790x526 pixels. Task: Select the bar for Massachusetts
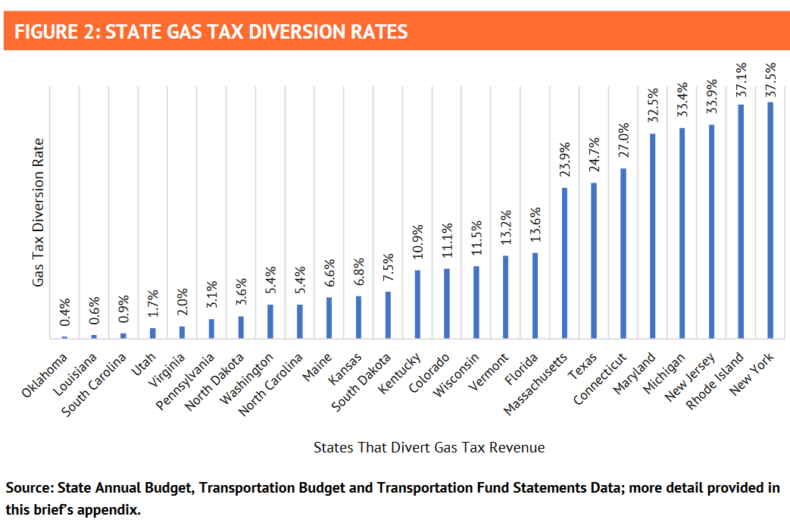coord(564,262)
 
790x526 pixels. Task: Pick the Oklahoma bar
coord(64,337)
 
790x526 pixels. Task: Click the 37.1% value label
coord(742,79)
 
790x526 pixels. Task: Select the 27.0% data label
coord(623,139)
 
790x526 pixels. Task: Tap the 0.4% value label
coord(64,313)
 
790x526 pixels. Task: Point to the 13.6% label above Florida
coord(535,225)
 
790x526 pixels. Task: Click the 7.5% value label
coord(388,266)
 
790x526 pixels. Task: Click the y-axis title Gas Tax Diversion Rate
coord(38,212)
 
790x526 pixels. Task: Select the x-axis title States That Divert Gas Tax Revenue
coord(429,447)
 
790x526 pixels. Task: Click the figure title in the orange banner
coord(211,32)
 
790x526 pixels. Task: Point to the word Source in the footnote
coord(28,488)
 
